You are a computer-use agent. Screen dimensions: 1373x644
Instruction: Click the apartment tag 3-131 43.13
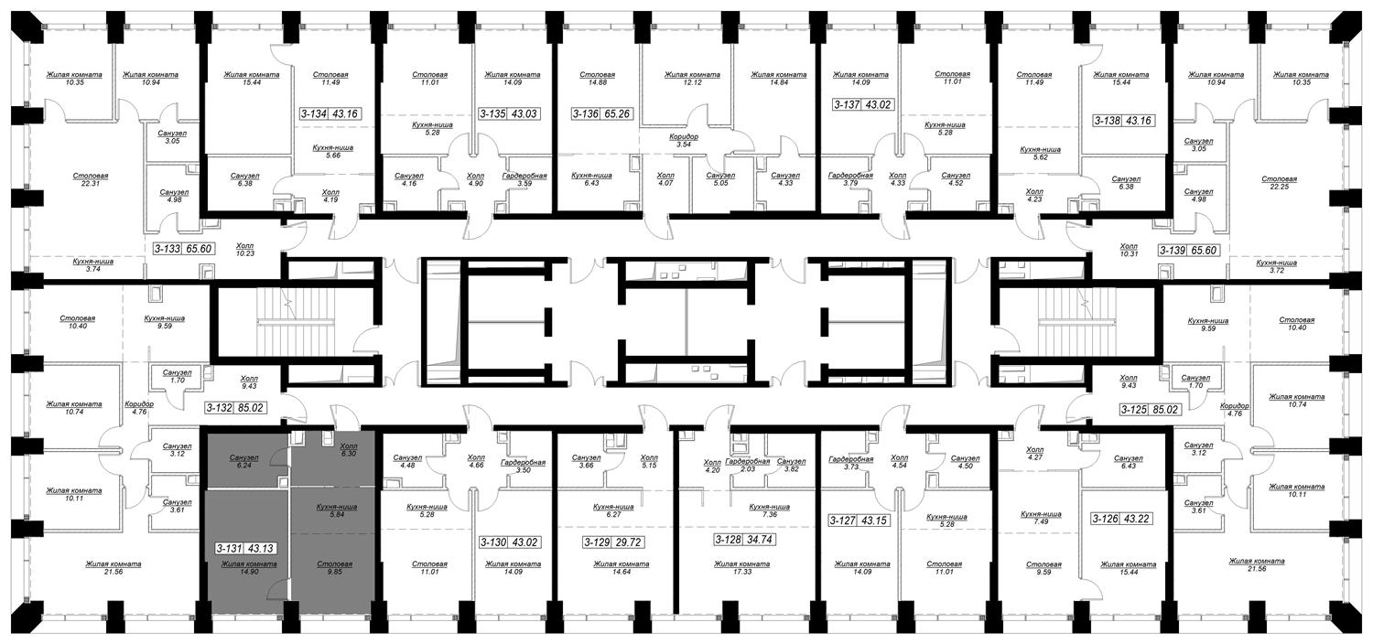pyautogui.click(x=246, y=549)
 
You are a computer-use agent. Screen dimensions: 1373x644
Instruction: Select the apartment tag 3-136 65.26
pyautogui.click(x=602, y=114)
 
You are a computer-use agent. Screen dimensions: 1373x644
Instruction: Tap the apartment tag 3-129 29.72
pyautogui.click(x=613, y=542)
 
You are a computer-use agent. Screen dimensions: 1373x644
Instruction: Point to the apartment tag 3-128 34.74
pyautogui.click(x=744, y=540)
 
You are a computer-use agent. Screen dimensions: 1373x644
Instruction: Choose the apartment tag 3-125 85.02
pyautogui.click(x=1150, y=409)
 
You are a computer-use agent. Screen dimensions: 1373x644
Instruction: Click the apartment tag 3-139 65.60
pyautogui.click(x=1188, y=250)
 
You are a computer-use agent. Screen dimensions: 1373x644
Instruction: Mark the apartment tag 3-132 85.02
pyautogui.click(x=236, y=407)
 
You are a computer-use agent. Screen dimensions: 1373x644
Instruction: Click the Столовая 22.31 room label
pyautogui.click(x=90, y=179)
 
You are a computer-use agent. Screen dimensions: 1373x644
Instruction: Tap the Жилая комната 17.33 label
pyautogui.click(x=741, y=568)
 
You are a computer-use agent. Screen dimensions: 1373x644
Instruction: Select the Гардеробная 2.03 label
pyautogui.click(x=747, y=465)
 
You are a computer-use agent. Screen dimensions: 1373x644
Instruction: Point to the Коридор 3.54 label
pyautogui.click(x=684, y=141)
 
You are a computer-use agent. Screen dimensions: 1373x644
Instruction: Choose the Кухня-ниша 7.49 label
pyautogui.click(x=1040, y=518)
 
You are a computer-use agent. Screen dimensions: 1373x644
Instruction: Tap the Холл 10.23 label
pyautogui.click(x=244, y=249)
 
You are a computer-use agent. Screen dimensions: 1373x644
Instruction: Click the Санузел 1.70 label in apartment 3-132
pyautogui.click(x=178, y=376)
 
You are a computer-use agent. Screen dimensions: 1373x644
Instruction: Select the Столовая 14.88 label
pyautogui.click(x=597, y=79)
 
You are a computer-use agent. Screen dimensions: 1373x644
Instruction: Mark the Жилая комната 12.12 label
pyautogui.click(x=692, y=79)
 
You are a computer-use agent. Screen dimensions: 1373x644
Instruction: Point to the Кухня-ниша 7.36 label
pyautogui.click(x=769, y=511)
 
